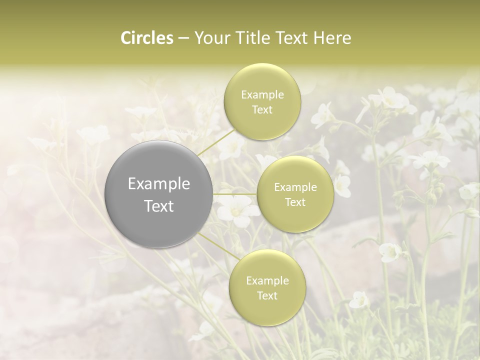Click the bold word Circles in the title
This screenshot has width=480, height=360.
pyautogui.click(x=147, y=38)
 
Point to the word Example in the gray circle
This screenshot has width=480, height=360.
pyautogui.click(x=159, y=184)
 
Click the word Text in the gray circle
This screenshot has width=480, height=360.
pyautogui.click(x=159, y=206)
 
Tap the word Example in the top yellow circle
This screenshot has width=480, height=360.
pyautogui.click(x=262, y=95)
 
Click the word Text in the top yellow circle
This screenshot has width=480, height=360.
pyautogui.click(x=262, y=110)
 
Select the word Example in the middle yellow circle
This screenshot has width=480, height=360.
pyautogui.click(x=295, y=187)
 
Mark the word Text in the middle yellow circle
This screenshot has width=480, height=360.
pyautogui.click(x=295, y=202)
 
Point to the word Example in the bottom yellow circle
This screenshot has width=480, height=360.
pyautogui.click(x=267, y=280)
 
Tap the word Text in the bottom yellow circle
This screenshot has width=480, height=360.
pyautogui.click(x=267, y=295)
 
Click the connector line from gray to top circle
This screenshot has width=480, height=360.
pyautogui.click(x=216, y=141)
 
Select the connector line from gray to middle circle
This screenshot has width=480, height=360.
pyautogui.click(x=235, y=194)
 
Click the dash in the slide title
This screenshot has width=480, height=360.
pyautogui.click(x=183, y=38)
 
